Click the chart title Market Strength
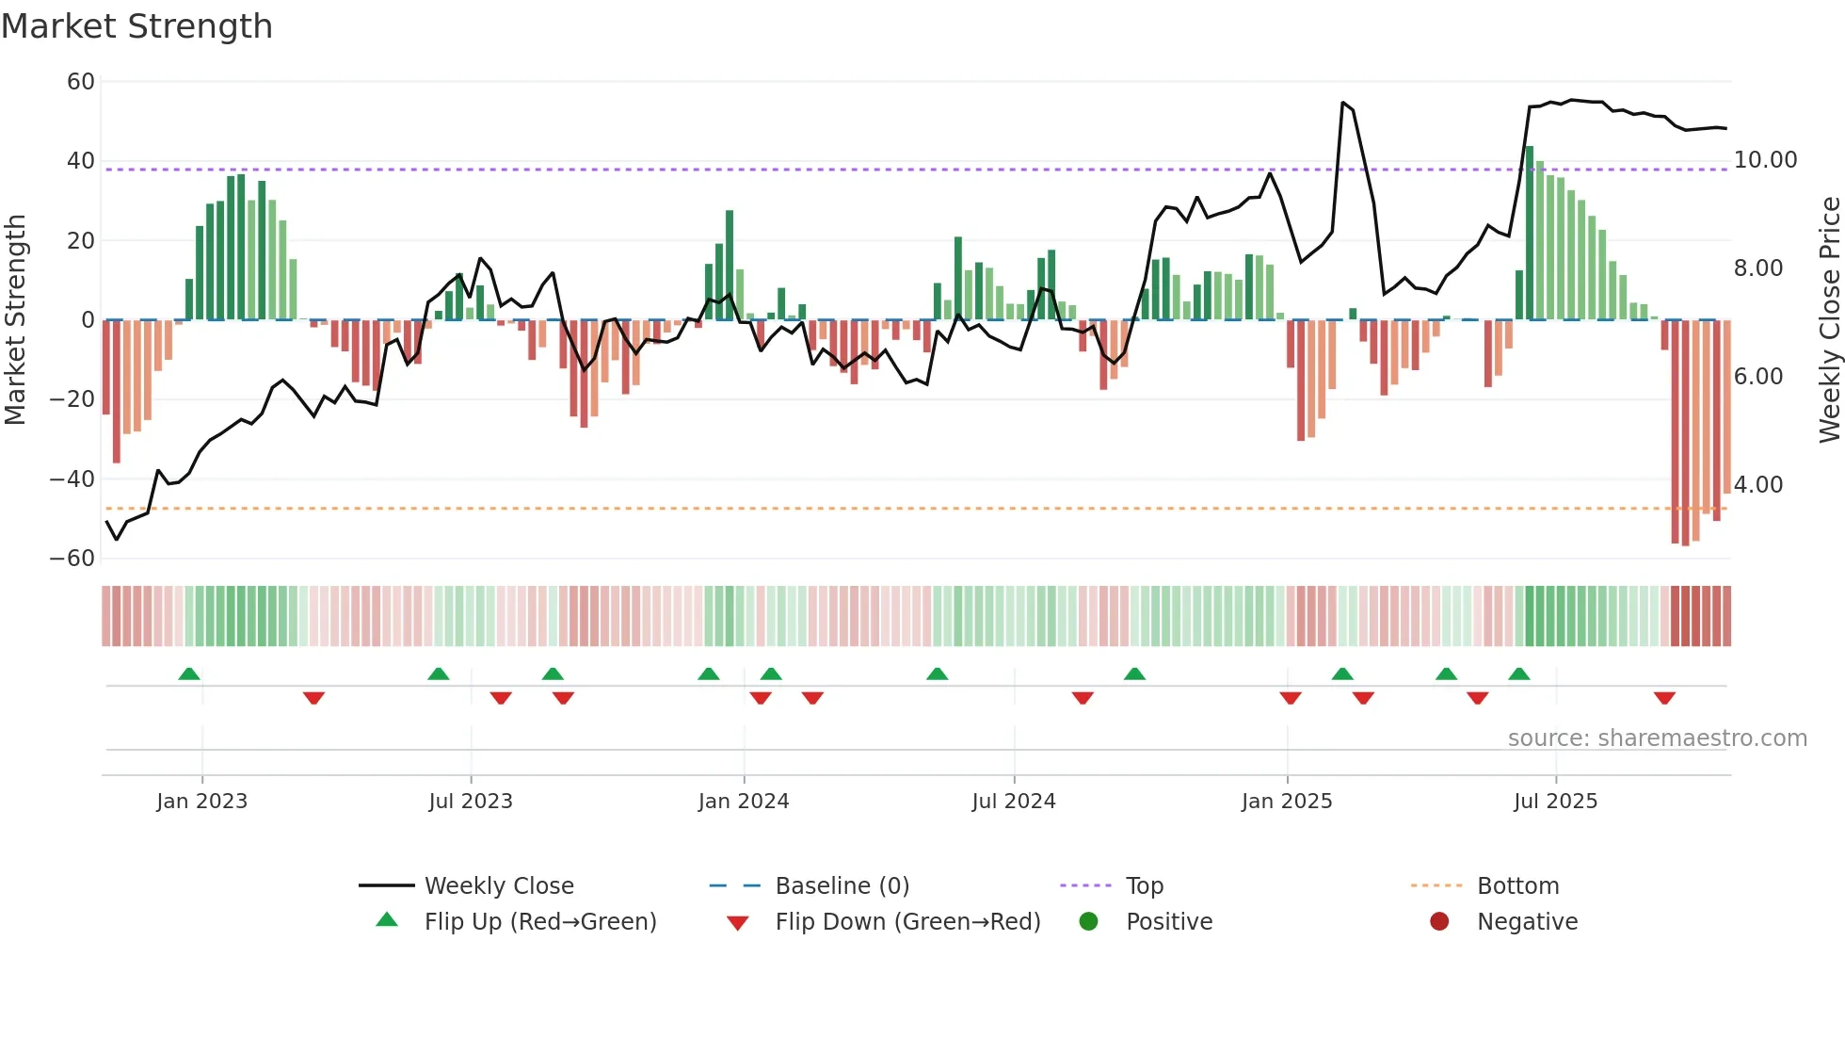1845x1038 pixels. (136, 26)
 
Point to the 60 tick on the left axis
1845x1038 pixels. (81, 82)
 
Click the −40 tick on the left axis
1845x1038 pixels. (72, 479)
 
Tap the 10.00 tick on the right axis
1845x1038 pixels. (1765, 160)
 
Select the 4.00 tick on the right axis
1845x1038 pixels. (1757, 485)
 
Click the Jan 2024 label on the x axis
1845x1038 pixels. (743, 802)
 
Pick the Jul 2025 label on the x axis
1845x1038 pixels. (1555, 802)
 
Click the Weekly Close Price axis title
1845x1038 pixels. (1829, 320)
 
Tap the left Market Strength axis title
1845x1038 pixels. (15, 320)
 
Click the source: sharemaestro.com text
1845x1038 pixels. (1657, 738)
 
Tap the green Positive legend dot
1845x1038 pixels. (1088, 922)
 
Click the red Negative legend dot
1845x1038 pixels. (1439, 922)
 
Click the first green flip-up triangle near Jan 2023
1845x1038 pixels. (189, 674)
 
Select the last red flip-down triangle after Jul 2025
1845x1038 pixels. (1664, 698)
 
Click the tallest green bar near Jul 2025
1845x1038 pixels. (1530, 235)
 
